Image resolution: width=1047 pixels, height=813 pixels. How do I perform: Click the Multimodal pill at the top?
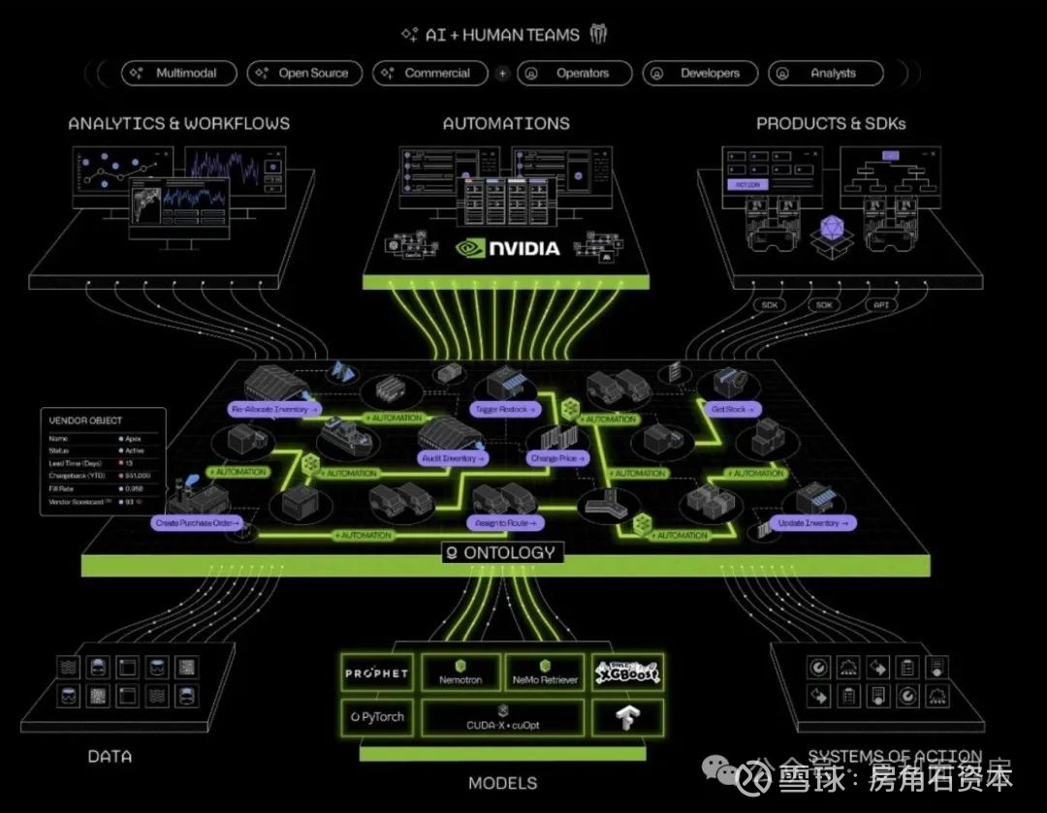pos(180,73)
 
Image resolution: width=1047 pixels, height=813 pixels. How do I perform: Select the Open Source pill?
pos(304,73)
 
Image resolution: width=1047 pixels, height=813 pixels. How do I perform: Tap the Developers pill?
pos(699,73)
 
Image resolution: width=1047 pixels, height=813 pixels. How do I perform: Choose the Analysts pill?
pos(825,73)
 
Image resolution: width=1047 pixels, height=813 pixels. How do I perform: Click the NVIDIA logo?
pos(508,248)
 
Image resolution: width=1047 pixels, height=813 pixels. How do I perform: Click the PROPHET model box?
pos(377,673)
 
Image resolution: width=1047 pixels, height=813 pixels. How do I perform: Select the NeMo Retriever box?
pos(545,673)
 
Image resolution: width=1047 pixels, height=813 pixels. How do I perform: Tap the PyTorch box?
pos(377,717)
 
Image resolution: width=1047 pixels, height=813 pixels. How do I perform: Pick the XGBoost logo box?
pos(627,673)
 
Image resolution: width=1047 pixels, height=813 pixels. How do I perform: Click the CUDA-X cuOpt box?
pos(502,718)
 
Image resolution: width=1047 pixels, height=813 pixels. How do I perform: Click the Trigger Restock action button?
pos(502,410)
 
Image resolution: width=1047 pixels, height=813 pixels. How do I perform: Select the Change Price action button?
pos(555,457)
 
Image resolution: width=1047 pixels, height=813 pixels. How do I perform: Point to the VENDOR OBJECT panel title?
pos(85,421)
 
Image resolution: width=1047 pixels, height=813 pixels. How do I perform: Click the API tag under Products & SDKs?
pos(882,304)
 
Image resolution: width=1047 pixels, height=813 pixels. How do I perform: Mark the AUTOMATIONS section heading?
pos(506,124)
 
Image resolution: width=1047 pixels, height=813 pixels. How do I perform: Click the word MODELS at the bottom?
pos(502,783)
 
